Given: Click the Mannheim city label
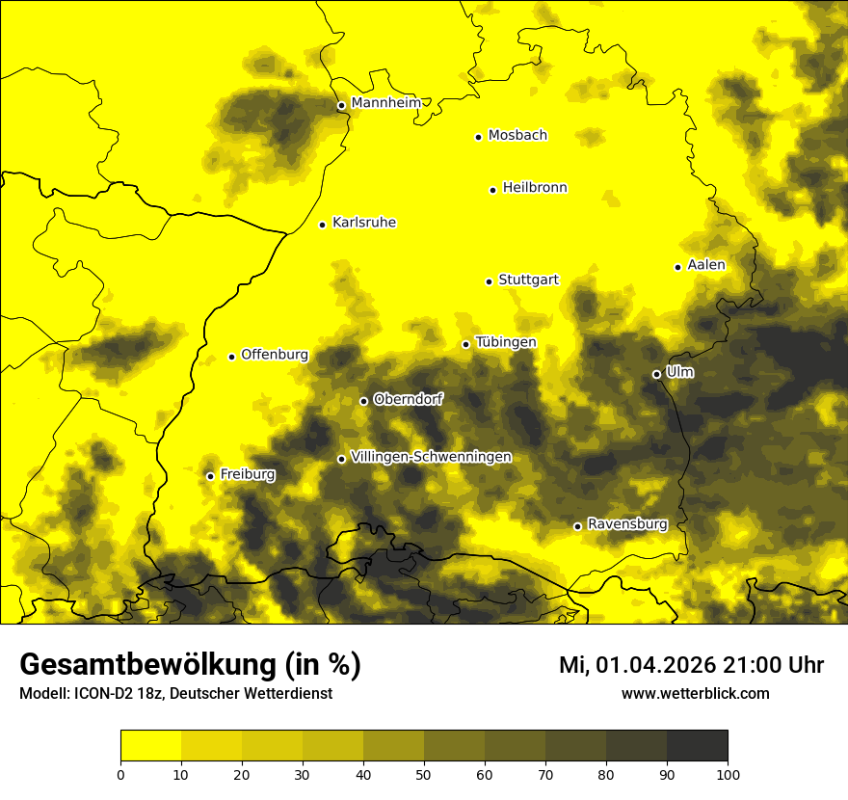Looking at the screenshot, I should [x=385, y=103].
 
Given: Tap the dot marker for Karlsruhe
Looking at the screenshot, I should [x=323, y=225].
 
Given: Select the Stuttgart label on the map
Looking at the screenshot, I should [x=528, y=280].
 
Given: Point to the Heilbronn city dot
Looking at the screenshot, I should [x=492, y=190].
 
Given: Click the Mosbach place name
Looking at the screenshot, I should [x=517, y=136].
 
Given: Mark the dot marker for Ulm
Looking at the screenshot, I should [x=656, y=374].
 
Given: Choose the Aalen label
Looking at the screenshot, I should [x=706, y=265].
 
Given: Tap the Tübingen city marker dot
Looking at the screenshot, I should [x=465, y=344].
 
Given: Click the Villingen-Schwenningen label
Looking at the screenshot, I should [x=431, y=457].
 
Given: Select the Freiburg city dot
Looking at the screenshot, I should [x=210, y=476].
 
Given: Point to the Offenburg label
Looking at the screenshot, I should [x=275, y=355].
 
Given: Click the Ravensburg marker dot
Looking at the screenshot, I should [x=577, y=526].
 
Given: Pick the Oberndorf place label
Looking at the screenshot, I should [x=409, y=399].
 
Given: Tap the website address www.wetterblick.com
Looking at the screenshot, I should [x=695, y=693].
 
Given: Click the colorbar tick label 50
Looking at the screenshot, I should [x=424, y=774].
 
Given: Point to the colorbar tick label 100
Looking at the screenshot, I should [x=728, y=774].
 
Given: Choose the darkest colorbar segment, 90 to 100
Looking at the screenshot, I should [x=697, y=746].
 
